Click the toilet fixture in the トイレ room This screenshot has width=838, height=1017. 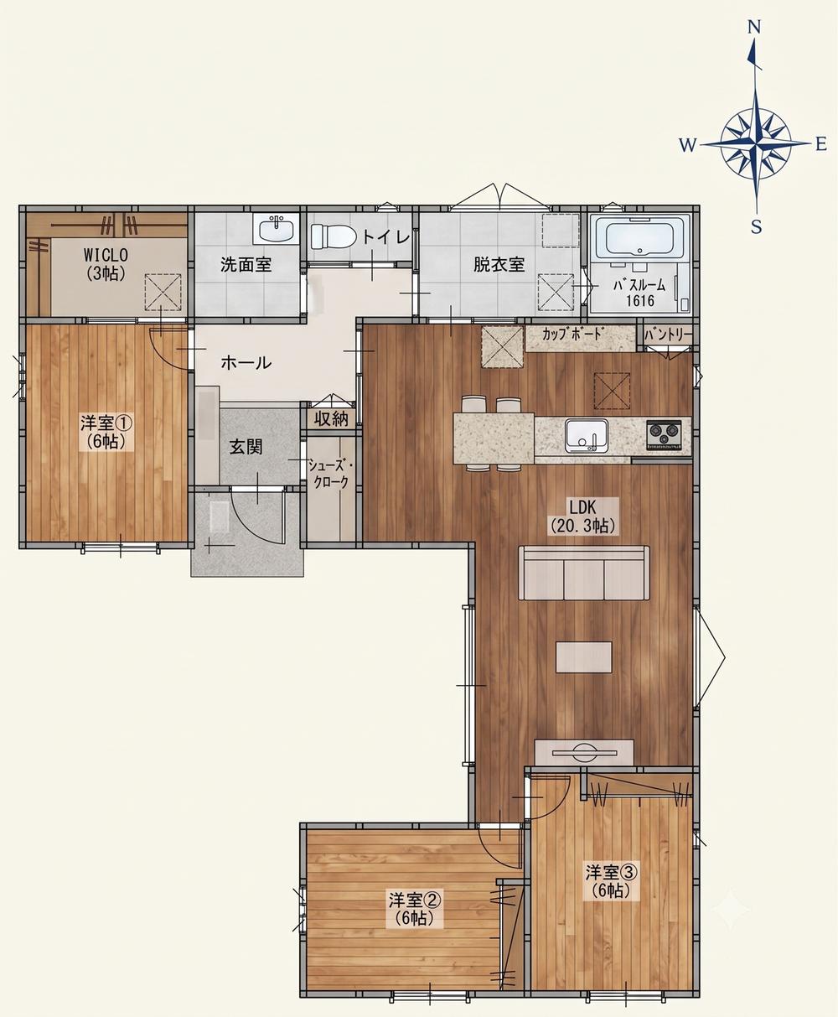pyautogui.click(x=331, y=236)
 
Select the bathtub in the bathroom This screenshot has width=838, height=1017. pyautogui.click(x=640, y=237)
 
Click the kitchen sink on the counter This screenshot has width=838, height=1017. pyautogui.click(x=587, y=436)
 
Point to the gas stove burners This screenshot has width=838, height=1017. pyautogui.click(x=665, y=434)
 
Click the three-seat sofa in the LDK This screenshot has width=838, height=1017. pyautogui.click(x=583, y=573)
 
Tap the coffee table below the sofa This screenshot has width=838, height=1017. pyautogui.click(x=584, y=657)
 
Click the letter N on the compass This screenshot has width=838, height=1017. pyautogui.click(x=754, y=29)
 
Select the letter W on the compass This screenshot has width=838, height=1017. pyautogui.click(x=687, y=145)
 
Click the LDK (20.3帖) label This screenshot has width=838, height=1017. pyautogui.click(x=583, y=516)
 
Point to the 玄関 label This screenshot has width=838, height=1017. pyautogui.click(x=246, y=447)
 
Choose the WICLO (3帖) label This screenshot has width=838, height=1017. pyautogui.click(x=106, y=263)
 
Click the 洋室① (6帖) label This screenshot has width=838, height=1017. pyautogui.click(x=106, y=432)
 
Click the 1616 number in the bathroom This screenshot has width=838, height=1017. pyautogui.click(x=640, y=301)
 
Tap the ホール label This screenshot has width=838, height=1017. pyautogui.click(x=246, y=363)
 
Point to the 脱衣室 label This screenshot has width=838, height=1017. pyautogui.click(x=499, y=265)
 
